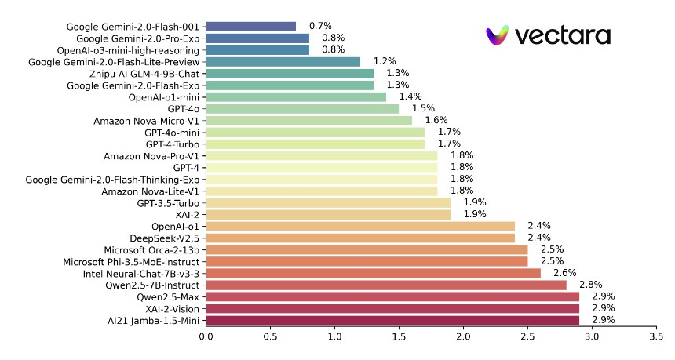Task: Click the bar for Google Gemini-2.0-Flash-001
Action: click(251, 26)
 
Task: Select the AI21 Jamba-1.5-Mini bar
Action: click(392, 320)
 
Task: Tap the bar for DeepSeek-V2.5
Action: click(360, 238)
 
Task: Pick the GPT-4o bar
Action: click(302, 108)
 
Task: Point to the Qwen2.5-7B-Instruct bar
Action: click(386, 285)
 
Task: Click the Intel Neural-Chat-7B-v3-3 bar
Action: click(373, 273)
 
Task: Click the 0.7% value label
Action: click(319, 26)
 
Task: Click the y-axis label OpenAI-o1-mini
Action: click(164, 96)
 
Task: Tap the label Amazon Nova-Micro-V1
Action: click(147, 120)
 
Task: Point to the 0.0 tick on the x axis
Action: click(206, 336)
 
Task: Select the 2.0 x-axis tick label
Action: click(463, 336)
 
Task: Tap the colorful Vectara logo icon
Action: click(498, 35)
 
